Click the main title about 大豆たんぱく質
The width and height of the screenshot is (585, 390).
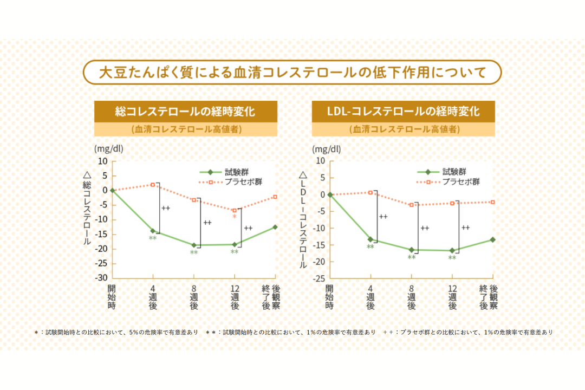(x=292, y=72)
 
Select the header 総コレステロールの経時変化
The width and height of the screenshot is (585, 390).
(x=185, y=112)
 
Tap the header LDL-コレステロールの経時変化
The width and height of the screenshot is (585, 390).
(x=404, y=112)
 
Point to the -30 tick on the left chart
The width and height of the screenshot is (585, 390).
(x=101, y=278)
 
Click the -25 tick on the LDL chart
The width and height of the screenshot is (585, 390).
(x=320, y=278)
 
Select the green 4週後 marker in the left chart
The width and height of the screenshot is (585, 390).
(x=153, y=231)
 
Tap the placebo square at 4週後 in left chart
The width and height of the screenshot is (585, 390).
(x=153, y=185)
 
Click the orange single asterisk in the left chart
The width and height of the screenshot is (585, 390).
(x=235, y=217)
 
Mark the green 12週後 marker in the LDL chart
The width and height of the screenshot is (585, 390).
(x=452, y=250)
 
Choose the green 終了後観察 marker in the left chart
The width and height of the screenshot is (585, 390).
(x=275, y=227)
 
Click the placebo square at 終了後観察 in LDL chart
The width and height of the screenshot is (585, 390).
(x=492, y=202)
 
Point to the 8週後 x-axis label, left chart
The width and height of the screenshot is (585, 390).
(x=194, y=297)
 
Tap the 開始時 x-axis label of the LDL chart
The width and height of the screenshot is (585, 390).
(x=330, y=297)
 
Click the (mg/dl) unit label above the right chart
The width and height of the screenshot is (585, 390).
(x=327, y=149)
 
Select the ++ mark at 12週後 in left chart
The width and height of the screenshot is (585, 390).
(x=248, y=228)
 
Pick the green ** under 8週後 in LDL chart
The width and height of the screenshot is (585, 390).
(x=412, y=258)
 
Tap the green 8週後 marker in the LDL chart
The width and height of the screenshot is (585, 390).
(x=412, y=250)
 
